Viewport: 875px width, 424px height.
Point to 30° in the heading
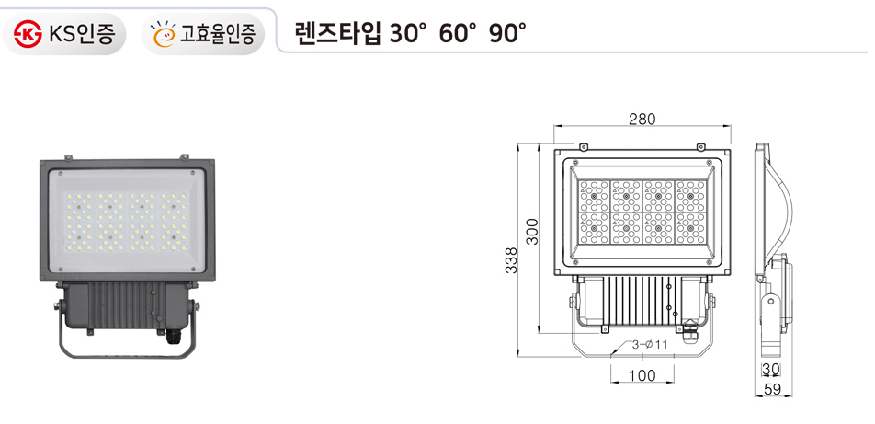[408, 34]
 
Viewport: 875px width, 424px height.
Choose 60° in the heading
[459, 34]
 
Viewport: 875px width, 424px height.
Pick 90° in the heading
[508, 34]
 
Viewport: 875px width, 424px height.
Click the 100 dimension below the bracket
[642, 375]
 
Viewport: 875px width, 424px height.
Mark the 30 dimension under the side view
[770, 370]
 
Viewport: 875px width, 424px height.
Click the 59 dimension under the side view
[774, 390]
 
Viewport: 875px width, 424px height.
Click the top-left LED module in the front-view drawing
[594, 195]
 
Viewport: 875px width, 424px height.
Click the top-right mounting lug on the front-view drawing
[701, 144]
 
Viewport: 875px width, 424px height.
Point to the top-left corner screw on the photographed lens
[60, 173]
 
